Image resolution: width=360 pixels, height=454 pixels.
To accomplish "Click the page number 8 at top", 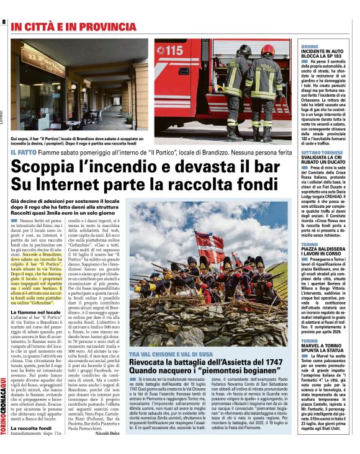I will (x=4, y=22).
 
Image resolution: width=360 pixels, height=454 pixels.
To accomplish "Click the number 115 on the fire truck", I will (x=173, y=49).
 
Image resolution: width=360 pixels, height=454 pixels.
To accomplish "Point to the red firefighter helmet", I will (x=268, y=50).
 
